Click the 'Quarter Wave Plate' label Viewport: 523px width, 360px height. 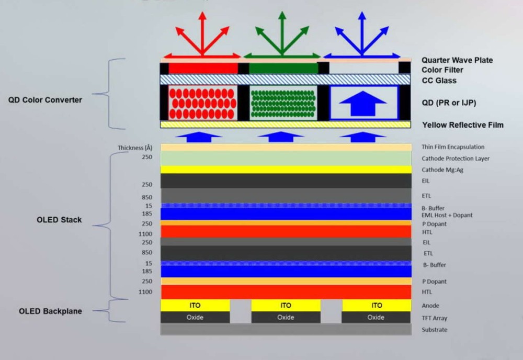[x=457, y=60]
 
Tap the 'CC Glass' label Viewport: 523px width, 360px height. [x=439, y=81]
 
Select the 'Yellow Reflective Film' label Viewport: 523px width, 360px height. [x=463, y=125]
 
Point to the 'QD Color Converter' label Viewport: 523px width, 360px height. [x=45, y=100]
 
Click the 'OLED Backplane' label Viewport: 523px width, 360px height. [x=50, y=311]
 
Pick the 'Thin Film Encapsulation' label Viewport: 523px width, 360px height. [x=453, y=147]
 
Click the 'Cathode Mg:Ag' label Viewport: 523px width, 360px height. [x=442, y=170]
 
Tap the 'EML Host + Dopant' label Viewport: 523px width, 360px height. [x=447, y=215]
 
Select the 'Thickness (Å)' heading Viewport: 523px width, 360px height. [x=135, y=148]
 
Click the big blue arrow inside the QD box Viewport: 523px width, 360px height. [x=363, y=104]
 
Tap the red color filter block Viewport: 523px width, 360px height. [x=203, y=69]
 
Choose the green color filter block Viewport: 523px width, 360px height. [x=283, y=69]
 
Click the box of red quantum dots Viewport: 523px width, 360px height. [x=203, y=103]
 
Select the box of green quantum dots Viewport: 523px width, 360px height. [x=283, y=103]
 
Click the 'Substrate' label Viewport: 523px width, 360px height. [x=434, y=330]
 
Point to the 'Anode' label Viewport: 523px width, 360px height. [x=430, y=306]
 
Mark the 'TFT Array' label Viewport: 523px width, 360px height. [x=434, y=318]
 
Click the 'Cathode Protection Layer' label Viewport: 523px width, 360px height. [x=456, y=159]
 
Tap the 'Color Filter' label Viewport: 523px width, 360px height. [x=442, y=70]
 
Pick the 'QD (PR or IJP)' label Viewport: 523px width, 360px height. [x=449, y=103]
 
